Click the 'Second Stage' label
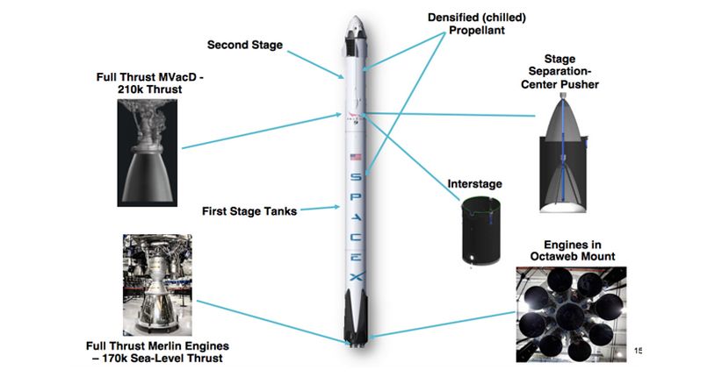245,45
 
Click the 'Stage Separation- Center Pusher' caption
559,73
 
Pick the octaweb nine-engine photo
571,310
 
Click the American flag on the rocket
356,158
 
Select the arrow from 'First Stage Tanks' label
318,210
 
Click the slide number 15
639,352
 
